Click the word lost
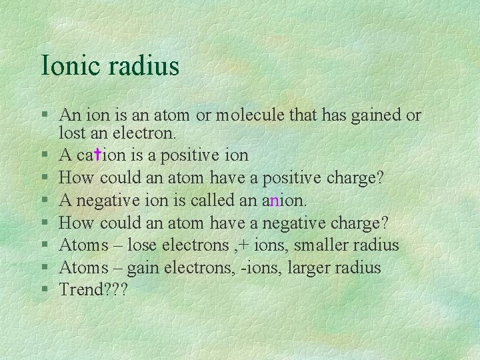click(72, 133)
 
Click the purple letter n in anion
click(275, 201)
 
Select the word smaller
click(318, 245)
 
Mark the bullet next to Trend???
click(44, 291)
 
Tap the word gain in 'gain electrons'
click(141, 269)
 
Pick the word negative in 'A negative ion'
click(111, 201)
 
